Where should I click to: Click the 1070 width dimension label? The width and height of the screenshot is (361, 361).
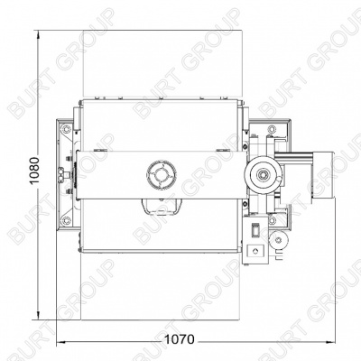(180, 339)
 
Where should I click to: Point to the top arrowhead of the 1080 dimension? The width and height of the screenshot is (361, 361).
(38, 34)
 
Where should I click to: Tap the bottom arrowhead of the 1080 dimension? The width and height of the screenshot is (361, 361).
(38, 316)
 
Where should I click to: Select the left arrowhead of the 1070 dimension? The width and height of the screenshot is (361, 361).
(61, 341)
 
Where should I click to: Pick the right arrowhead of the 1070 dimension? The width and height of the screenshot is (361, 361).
(331, 341)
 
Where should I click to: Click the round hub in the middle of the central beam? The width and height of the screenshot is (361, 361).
(162, 174)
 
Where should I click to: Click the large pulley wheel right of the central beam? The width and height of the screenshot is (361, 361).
(264, 175)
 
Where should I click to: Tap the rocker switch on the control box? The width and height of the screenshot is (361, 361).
(255, 230)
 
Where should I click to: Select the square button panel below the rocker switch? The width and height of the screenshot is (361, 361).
(255, 251)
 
